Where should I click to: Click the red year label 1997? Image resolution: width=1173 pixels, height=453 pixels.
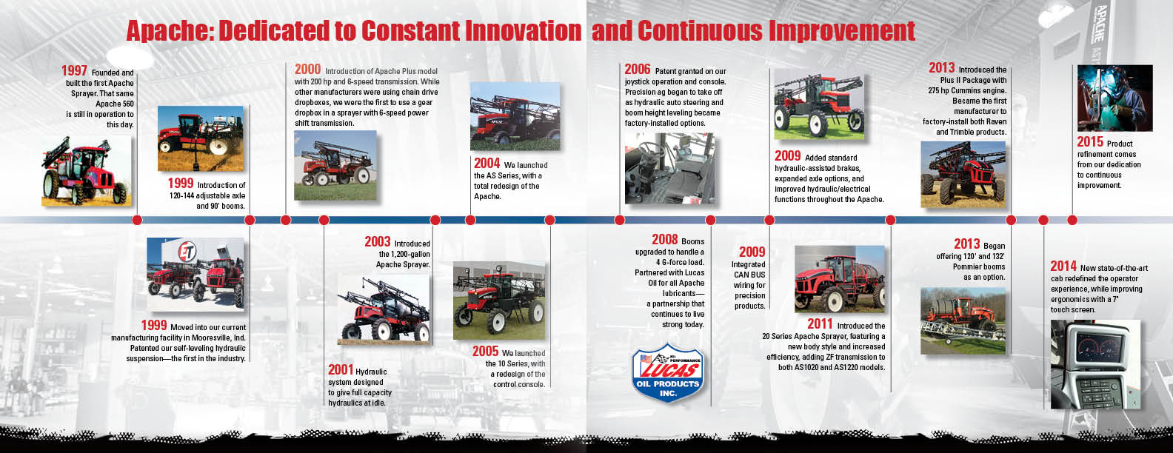[x=74, y=70]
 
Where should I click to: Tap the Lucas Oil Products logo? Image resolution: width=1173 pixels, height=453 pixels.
[x=668, y=373]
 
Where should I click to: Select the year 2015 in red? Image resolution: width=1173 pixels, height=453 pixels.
[x=1090, y=142]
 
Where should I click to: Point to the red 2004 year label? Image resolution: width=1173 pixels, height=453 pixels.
[x=487, y=163]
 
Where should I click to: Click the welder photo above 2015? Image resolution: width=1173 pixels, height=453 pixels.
[x=1115, y=98]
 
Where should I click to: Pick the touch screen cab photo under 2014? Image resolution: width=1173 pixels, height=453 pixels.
[x=1095, y=364]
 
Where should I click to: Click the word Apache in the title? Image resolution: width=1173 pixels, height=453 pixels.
[x=169, y=31]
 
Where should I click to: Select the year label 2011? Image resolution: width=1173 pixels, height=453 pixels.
[x=820, y=323]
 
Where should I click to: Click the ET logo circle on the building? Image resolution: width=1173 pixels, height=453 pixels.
[x=187, y=252]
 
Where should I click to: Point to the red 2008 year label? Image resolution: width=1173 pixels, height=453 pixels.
[x=665, y=239]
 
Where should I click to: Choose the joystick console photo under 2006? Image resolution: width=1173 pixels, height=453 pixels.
[x=669, y=169]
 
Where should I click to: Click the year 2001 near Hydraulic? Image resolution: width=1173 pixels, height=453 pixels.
[x=341, y=370]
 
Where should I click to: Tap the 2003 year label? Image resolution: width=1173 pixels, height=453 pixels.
[x=378, y=241]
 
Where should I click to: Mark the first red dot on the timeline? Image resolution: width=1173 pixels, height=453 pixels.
[x=137, y=220]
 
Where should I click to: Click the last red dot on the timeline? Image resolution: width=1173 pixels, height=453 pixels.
[x=1072, y=220]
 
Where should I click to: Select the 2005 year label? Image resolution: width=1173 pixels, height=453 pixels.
[x=486, y=351]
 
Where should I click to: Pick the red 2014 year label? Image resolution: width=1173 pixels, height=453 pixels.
[x=1063, y=266]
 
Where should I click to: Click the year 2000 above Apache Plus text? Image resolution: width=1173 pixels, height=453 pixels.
[x=307, y=69]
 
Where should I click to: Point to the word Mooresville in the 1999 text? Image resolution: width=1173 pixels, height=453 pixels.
[x=213, y=338]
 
